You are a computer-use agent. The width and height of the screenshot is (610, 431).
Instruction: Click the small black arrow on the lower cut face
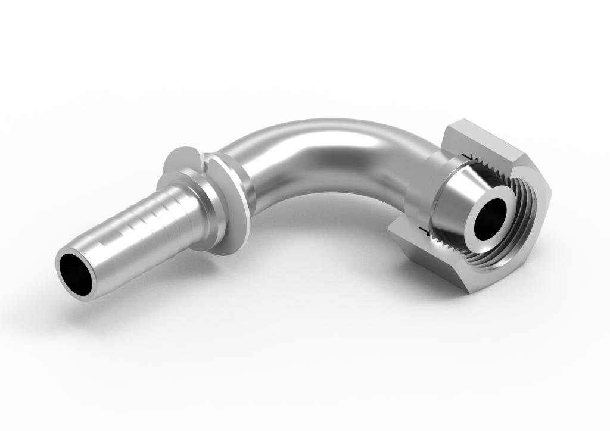[421, 229]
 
